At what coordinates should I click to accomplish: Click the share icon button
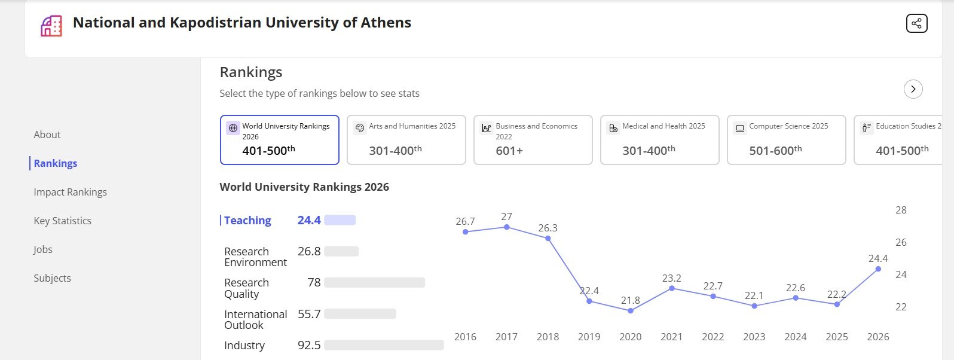[x=916, y=23]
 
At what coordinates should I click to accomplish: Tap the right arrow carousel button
[x=913, y=89]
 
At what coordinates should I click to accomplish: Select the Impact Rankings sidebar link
[x=70, y=192]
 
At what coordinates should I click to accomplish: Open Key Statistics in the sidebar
[x=62, y=221]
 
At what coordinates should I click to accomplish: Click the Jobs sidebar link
[x=43, y=249]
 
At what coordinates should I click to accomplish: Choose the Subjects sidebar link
[x=52, y=278]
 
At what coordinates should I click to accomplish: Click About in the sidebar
[x=47, y=135]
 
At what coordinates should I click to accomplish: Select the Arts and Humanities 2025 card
[x=406, y=140]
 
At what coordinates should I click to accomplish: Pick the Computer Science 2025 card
[x=786, y=140]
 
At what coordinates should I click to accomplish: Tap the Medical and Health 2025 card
[x=659, y=140]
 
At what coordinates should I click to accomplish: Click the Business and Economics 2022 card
[x=533, y=140]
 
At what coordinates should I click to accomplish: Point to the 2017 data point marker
[x=507, y=227]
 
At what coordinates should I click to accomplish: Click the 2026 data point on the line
[x=878, y=269]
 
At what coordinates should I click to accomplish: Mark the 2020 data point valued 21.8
[x=631, y=311]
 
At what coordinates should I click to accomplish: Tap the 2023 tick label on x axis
[x=754, y=337]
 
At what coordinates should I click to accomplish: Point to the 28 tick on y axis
[x=901, y=210]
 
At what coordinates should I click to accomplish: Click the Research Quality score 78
[x=314, y=282]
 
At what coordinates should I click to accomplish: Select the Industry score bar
[x=384, y=345]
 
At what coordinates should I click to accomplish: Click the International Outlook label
[x=255, y=319]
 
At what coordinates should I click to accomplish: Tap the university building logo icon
[x=51, y=26]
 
